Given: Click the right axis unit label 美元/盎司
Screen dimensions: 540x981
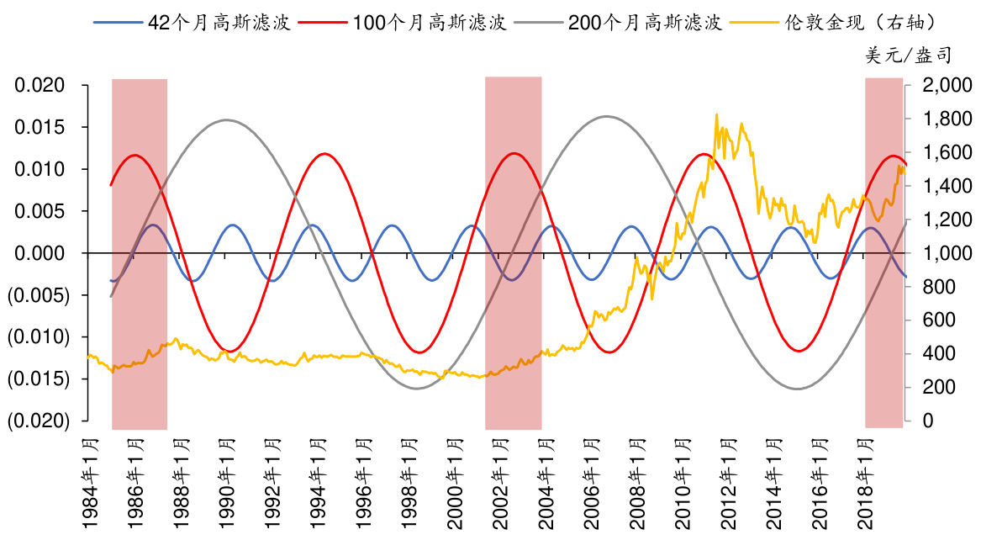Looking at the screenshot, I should click(909, 56).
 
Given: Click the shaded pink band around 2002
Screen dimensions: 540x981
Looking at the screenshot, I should click(513, 252).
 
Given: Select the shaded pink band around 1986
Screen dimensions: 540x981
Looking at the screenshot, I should click(140, 252).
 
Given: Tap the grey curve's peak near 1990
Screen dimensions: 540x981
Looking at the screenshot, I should click(227, 119).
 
